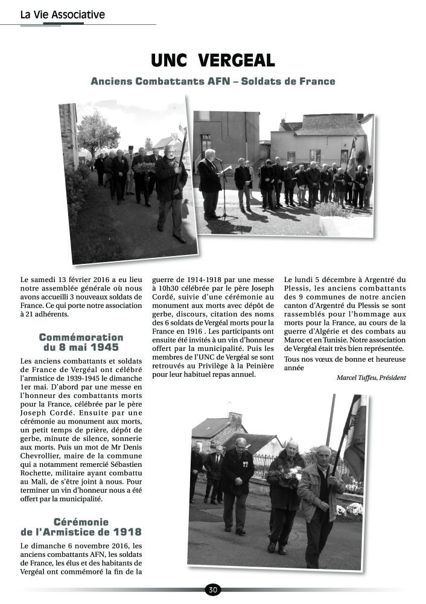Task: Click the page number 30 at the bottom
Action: point(212,590)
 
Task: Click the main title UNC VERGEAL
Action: point(212,60)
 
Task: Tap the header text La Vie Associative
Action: point(62,14)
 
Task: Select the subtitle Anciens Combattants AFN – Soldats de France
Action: point(212,81)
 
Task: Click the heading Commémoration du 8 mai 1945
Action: point(81,342)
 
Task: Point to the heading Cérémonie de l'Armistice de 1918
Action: point(81,527)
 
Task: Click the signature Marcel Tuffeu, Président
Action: point(371,377)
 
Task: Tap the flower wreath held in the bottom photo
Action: point(290,475)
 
